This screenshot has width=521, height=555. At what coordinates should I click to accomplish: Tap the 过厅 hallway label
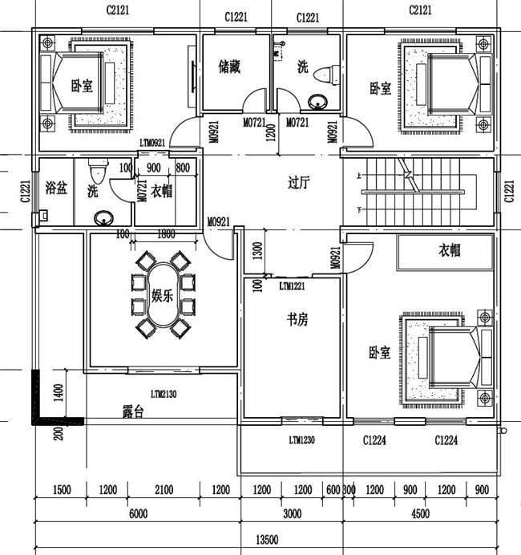(x=299, y=182)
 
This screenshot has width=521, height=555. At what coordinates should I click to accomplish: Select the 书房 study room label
(x=297, y=320)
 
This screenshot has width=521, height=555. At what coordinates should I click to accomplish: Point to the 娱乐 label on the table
(x=163, y=294)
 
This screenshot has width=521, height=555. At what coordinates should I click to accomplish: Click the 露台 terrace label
(x=133, y=412)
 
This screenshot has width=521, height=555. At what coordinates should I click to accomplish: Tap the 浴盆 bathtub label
(x=56, y=189)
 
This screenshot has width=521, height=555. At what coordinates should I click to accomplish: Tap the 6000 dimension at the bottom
(x=138, y=514)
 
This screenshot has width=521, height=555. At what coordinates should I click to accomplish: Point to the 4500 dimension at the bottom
(x=419, y=514)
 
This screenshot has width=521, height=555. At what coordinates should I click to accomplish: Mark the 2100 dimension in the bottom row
(x=164, y=490)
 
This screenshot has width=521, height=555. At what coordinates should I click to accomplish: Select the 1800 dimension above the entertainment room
(x=167, y=234)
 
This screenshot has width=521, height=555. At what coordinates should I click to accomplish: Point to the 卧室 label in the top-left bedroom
(x=82, y=87)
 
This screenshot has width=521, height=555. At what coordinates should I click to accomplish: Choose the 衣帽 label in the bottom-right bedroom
(x=449, y=250)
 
